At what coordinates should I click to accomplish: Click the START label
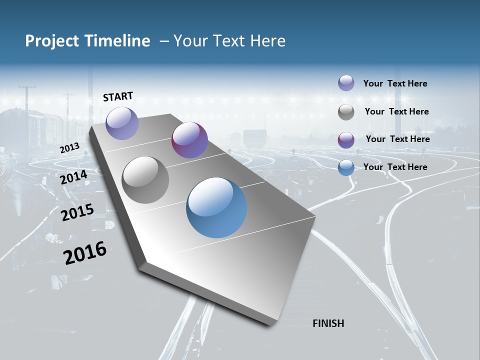coord(118,96)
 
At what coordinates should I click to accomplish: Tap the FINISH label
coord(328,323)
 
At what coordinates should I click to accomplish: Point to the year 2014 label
coord(74,177)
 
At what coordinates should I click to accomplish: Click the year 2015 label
coord(77,212)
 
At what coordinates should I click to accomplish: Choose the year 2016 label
coord(85,252)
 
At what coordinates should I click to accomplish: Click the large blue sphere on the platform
coord(216,207)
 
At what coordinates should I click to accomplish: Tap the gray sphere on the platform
coord(145,180)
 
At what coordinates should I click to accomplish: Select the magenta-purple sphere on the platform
coord(189,140)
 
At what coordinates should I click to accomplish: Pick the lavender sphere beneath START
coord(122,123)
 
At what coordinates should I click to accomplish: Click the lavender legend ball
coord(346,83)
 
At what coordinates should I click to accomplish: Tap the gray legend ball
coord(346,112)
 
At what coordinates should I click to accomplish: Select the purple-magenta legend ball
coord(346,140)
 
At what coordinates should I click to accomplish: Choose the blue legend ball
coord(346,168)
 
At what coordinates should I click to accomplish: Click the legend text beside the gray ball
coord(397,111)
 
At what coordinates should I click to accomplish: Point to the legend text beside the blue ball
coord(395,167)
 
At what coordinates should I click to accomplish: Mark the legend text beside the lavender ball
coord(395,83)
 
